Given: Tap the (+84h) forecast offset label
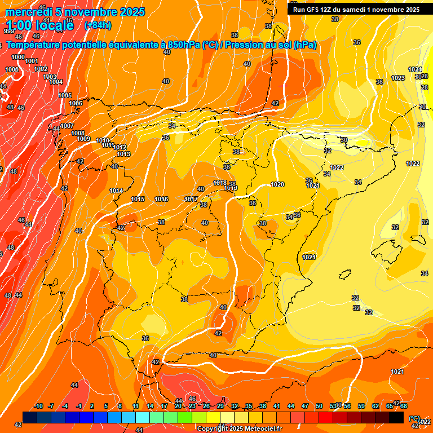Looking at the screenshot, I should coord(98,25).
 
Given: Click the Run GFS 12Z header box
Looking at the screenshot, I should coord(356,9).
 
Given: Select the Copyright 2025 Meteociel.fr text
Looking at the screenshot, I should coord(239,428).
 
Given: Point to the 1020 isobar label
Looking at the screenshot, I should coord(277,184).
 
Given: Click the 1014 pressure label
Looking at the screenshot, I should coord(116,191).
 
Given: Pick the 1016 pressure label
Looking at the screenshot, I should coord(161,199).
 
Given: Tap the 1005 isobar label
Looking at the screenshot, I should coord(65,95).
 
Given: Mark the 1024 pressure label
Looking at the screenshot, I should coord(415,69).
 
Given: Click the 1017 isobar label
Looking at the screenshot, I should coord(191,199).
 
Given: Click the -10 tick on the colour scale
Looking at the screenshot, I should coord(38,406).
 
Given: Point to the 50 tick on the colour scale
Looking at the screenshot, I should coord(319,406).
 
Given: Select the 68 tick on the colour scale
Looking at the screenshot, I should coord(404,406).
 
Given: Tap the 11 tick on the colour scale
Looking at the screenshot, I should coord(136,406).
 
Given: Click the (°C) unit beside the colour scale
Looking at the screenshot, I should coord(414,418).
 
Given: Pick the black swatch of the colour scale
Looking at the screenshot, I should coord(396,417).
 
